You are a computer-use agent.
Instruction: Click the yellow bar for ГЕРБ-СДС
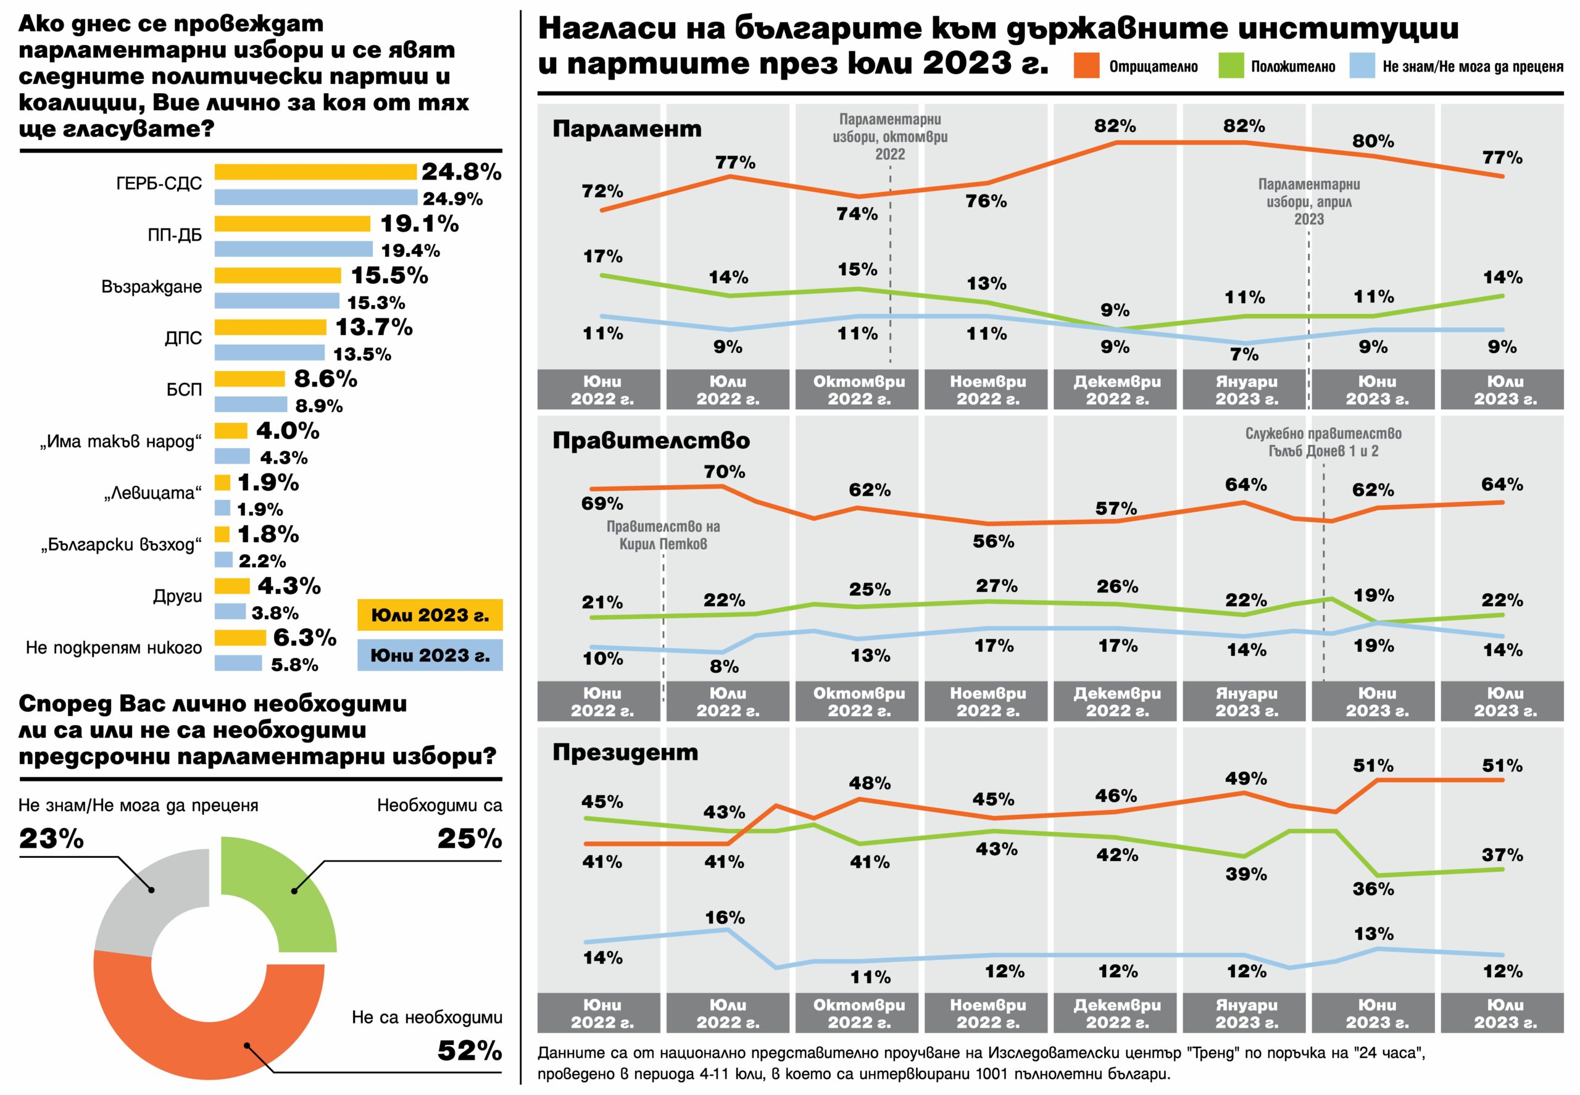pos(315,172)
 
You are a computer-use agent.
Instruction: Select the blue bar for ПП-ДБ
pos(294,249)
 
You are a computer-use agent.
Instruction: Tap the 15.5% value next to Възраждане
pos(389,276)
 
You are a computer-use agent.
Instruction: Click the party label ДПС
pos(183,338)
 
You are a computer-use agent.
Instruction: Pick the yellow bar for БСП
pos(250,379)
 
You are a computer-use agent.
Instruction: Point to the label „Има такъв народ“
pos(121,441)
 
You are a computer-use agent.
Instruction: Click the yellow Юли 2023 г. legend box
pos(430,615)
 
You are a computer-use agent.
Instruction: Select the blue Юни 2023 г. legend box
pos(430,656)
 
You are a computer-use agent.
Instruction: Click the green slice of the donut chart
pos(288,892)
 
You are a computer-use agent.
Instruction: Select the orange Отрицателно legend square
pos(1086,66)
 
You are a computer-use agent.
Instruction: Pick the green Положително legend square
pos(1231,66)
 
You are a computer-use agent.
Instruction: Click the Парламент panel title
pos(627,129)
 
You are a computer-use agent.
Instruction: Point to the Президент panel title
pos(625,752)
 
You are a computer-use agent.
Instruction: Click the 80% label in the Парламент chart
pos(1373,141)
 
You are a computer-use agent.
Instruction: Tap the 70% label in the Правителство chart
pos(725,472)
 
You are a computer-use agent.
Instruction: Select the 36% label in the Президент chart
pos(1373,889)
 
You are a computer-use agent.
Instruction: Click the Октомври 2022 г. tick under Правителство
pos(859,701)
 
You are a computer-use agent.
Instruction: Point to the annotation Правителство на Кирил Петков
pos(663,535)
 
